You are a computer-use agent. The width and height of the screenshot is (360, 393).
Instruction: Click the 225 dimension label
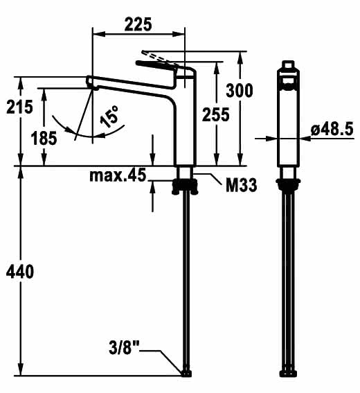coord(138,24)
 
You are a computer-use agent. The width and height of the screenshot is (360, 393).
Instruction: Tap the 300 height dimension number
coord(240,91)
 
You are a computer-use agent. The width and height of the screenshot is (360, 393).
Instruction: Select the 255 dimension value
coord(215,114)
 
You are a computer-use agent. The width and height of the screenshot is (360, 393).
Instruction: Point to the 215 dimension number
coord(19,107)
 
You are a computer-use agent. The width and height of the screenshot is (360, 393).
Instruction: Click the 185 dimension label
coord(44,138)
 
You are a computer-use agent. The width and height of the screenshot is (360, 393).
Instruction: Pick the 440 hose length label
coord(20,271)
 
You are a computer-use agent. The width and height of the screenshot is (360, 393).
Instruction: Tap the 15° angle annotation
coord(109,116)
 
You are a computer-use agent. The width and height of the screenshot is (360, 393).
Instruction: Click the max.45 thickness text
coord(118,175)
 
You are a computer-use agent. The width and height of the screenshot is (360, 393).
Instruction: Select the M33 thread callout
coord(242,185)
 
